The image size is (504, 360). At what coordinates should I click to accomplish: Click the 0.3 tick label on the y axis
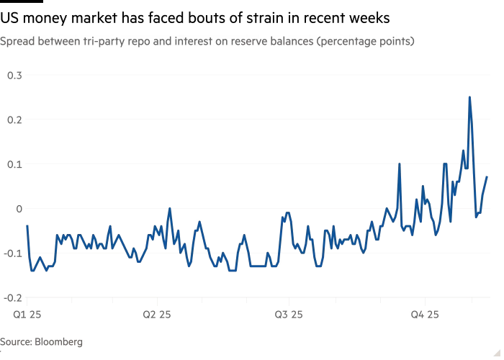(15, 75)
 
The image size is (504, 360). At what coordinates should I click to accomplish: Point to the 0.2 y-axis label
(15, 120)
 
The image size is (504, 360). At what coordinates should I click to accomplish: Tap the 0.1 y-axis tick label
(15, 164)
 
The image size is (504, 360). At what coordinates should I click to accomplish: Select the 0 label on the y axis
(20, 209)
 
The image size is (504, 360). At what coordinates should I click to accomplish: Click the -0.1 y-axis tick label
(13, 253)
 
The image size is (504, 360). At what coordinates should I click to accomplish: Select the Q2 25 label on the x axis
(157, 315)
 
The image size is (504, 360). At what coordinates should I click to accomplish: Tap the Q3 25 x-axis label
(289, 315)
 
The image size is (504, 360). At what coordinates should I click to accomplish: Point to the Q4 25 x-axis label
(425, 315)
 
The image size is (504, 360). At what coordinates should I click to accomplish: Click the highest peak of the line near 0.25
(469, 97)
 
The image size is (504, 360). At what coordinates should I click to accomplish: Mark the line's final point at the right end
(487, 176)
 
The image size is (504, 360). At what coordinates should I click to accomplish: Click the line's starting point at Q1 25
(27, 226)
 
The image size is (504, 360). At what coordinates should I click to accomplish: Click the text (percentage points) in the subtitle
(366, 42)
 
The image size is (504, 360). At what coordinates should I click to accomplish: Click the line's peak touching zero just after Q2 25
(170, 210)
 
